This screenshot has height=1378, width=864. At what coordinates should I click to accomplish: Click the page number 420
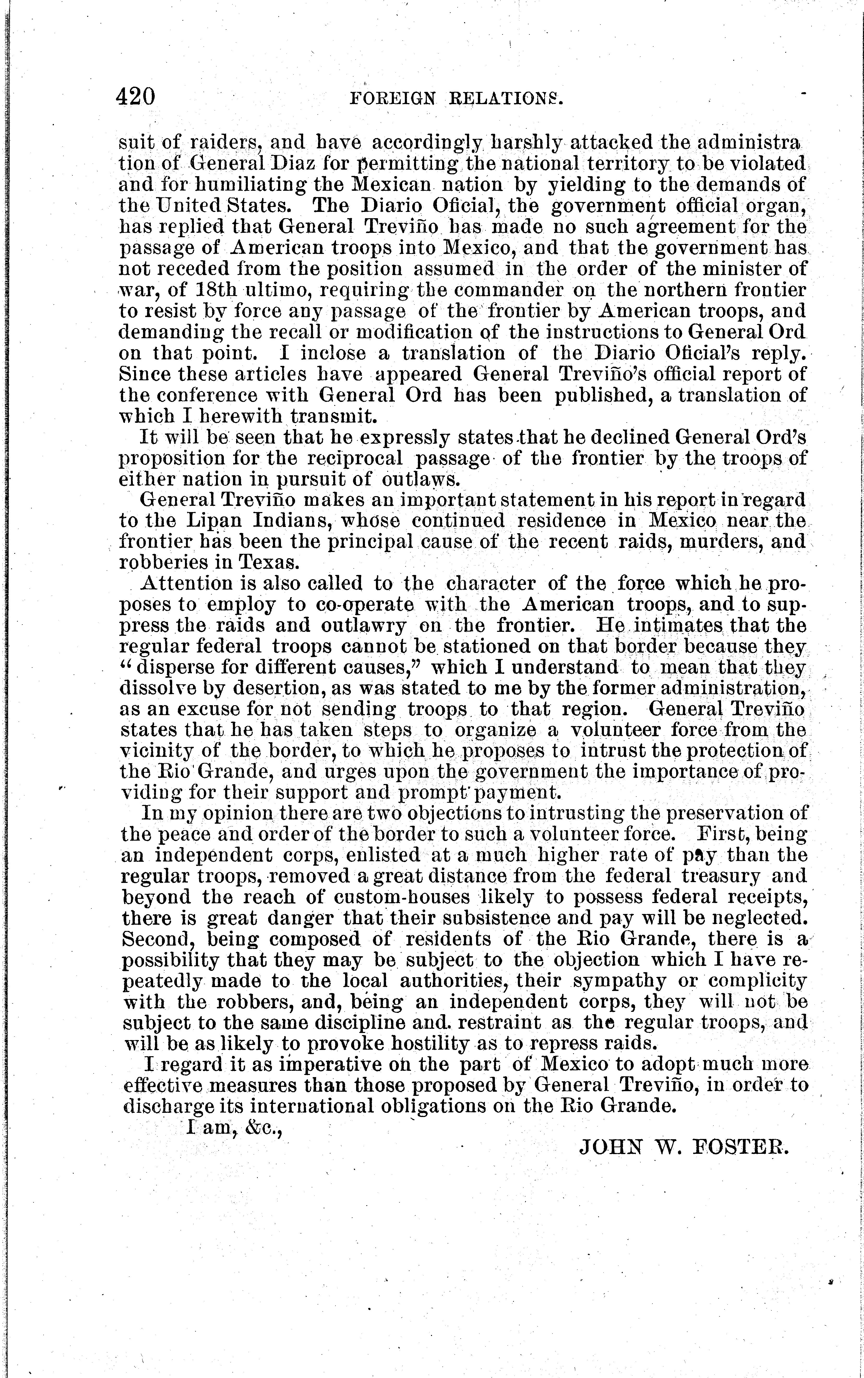pos(135,97)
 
